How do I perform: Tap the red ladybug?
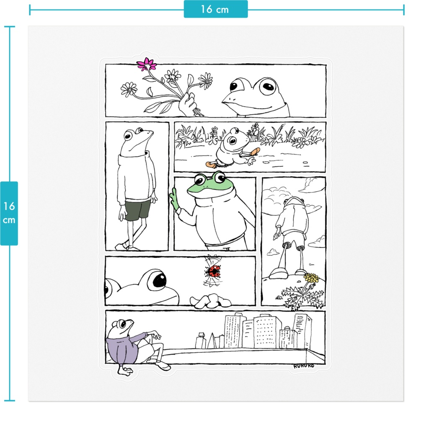pyautogui.click(x=213, y=271)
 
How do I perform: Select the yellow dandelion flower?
pyautogui.click(x=312, y=278)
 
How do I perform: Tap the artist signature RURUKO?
pyautogui.click(x=304, y=366)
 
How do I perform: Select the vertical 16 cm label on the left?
pyautogui.click(x=9, y=213)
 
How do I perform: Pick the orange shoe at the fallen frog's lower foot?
pyautogui.click(x=210, y=164)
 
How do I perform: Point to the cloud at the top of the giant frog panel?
pyautogui.click(x=310, y=185)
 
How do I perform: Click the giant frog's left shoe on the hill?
pyautogui.click(x=278, y=273)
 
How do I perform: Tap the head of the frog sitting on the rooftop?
pyautogui.click(x=120, y=328)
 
